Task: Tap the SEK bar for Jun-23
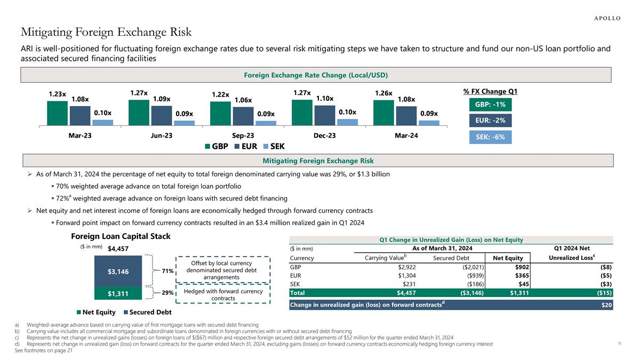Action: [x=184, y=123]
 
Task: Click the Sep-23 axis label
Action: [x=243, y=135]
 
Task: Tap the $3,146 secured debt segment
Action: [x=118, y=271]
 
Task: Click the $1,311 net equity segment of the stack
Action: [x=118, y=293]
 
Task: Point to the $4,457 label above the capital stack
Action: [x=118, y=249]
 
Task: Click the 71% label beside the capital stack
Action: [x=168, y=271]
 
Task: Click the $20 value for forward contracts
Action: [x=607, y=305]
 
